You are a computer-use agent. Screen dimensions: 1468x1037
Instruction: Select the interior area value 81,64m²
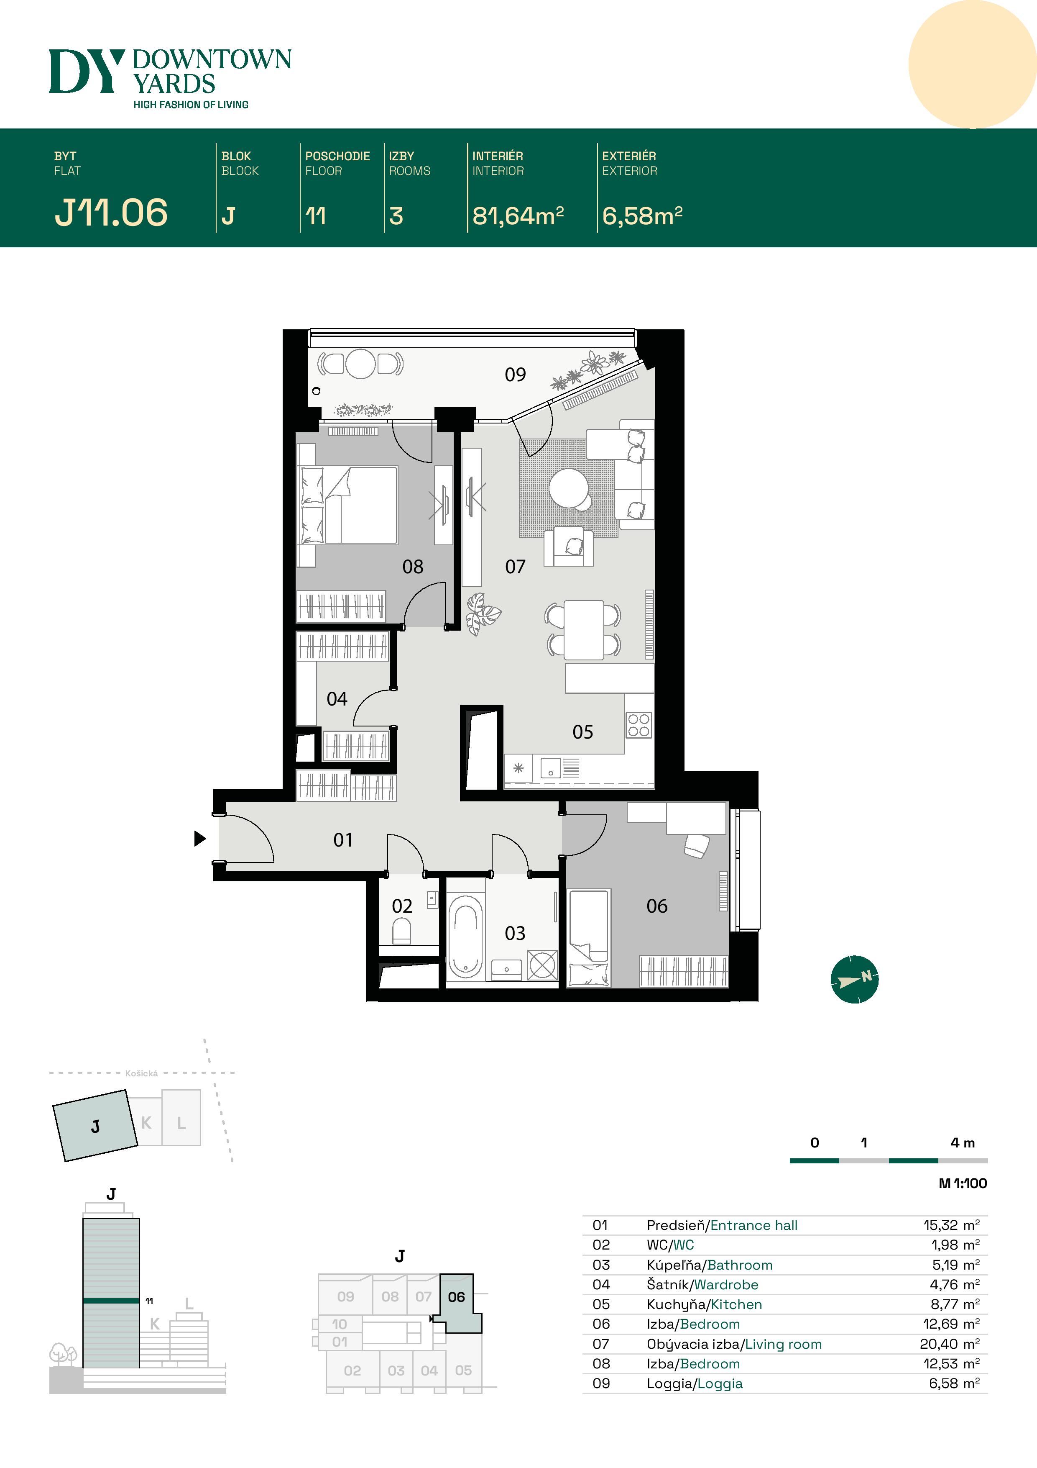click(518, 216)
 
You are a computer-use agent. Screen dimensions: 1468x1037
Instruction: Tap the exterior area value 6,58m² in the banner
click(642, 216)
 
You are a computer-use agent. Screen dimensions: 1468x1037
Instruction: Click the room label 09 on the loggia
click(515, 375)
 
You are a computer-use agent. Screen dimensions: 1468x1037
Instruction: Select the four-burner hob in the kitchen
click(639, 725)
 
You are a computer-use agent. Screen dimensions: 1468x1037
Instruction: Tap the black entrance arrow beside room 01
click(200, 838)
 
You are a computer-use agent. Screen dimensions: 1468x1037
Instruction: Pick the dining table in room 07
click(583, 630)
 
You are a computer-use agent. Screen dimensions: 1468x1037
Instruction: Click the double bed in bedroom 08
click(358, 505)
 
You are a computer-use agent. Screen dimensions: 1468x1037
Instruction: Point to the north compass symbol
click(854, 980)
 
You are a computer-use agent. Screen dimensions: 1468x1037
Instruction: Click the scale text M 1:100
click(962, 1183)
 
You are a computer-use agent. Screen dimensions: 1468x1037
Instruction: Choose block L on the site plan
click(181, 1123)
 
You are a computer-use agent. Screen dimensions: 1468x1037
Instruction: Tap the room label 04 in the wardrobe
click(337, 699)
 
